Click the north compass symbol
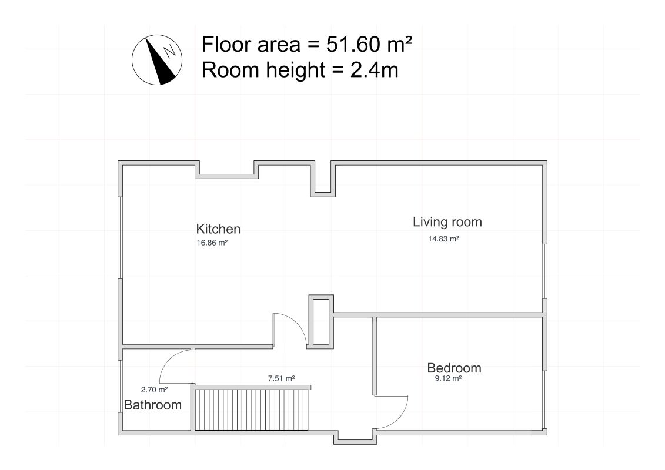[x=157, y=60]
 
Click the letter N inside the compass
[x=170, y=51]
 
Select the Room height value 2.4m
[x=375, y=70]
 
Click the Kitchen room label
[x=218, y=229]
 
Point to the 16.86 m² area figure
[x=212, y=243]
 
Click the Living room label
[x=447, y=222]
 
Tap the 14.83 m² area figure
[x=443, y=239]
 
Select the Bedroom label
[x=455, y=368]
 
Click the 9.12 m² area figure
[x=448, y=378]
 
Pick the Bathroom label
[x=153, y=405]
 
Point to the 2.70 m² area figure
[x=155, y=390]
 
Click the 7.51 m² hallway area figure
[x=281, y=378]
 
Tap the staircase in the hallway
[x=252, y=409]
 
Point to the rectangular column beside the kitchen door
[x=321, y=322]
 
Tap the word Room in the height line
[x=228, y=70]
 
